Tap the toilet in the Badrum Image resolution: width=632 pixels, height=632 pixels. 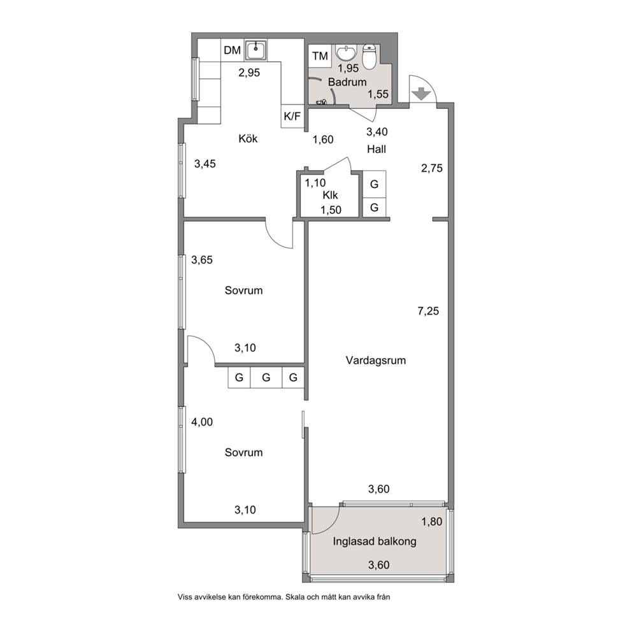369,57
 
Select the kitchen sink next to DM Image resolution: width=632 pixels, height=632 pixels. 255,50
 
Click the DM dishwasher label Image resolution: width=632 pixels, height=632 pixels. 232,50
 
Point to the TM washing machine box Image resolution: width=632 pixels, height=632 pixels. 320,56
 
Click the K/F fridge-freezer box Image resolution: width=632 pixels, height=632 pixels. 292,117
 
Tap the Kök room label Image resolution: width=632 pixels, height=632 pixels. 248,139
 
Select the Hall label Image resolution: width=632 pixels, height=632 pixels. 377,149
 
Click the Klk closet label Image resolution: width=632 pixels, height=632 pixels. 330,196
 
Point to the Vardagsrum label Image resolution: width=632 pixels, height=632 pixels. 376,361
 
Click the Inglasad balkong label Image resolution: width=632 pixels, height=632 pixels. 375,542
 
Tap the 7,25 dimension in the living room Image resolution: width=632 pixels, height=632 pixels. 428,311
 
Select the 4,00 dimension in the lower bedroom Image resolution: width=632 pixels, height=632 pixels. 202,422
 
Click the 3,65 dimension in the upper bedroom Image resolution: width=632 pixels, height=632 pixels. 202,260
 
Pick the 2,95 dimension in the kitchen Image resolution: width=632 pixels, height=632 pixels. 249,73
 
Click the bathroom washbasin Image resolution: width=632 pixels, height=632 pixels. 347,52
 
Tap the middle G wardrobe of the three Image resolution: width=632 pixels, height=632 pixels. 266,378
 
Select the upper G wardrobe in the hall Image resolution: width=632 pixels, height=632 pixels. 374,184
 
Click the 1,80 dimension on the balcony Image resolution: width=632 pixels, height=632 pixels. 432,522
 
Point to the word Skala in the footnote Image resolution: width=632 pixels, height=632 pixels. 295,598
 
